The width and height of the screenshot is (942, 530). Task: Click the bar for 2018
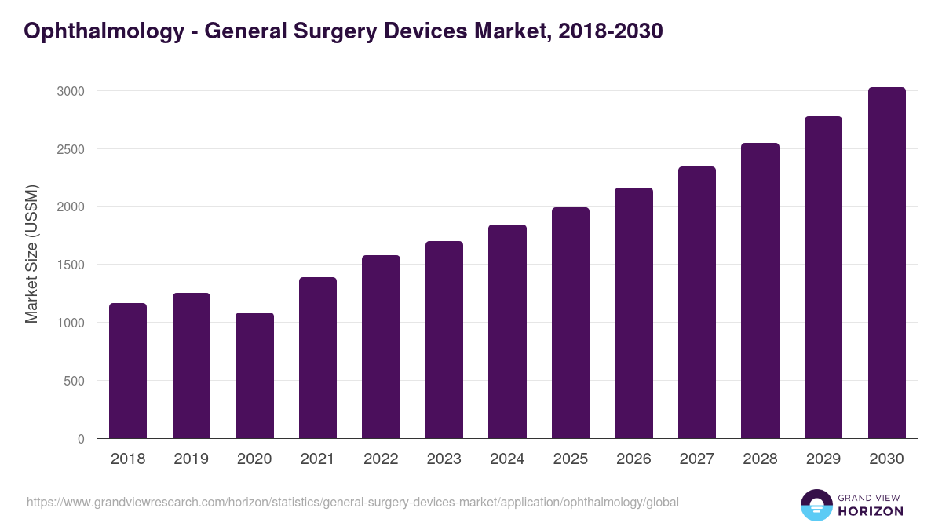[128, 371]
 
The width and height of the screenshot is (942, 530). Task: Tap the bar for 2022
[381, 346]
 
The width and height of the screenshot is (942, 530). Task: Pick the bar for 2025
[570, 323]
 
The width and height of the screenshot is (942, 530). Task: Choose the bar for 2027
[696, 302]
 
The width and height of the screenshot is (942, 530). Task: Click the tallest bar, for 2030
[886, 262]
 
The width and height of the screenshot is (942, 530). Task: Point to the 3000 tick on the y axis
[71, 91]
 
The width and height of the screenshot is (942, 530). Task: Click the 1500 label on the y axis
[71, 265]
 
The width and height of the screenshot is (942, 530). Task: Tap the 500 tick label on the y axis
[74, 381]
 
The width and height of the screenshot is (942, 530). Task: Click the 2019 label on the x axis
[192, 459]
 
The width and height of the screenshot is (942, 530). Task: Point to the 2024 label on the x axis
[507, 459]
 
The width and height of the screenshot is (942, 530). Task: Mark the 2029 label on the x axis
[823, 459]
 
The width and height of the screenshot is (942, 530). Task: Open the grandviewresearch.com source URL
[352, 502]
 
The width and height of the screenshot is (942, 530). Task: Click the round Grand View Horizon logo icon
[816, 505]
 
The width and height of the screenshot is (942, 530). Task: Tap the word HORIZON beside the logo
[871, 511]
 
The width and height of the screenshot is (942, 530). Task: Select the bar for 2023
[444, 339]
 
